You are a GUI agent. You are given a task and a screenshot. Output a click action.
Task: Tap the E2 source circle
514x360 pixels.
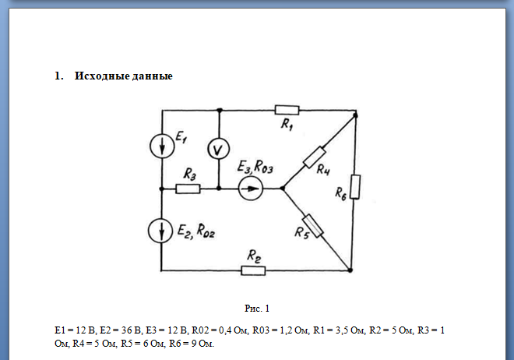(161, 230)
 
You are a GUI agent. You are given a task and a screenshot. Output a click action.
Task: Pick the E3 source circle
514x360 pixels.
(250, 188)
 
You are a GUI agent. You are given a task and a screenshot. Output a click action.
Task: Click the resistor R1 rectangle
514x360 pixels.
(287, 110)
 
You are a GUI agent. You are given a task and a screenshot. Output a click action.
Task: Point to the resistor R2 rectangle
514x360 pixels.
(253, 270)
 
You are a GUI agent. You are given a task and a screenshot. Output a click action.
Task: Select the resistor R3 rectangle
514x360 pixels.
(188, 188)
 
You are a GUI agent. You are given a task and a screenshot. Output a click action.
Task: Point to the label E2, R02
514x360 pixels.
(195, 230)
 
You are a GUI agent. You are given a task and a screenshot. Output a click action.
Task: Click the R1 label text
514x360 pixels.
(286, 125)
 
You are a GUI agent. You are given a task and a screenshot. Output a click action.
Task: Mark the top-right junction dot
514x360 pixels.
(355, 115)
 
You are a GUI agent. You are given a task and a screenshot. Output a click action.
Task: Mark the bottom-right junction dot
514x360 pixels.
(350, 270)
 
